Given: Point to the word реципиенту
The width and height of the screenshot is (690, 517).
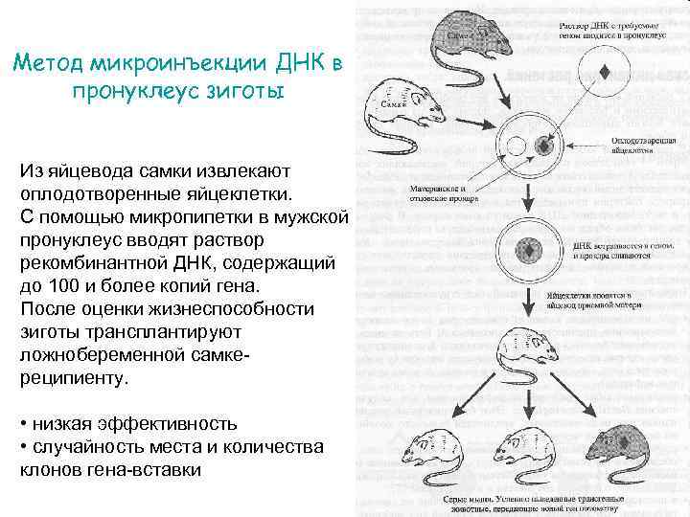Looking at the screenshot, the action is click(x=72, y=378).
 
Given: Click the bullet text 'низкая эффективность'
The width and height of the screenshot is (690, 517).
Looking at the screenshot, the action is click(x=134, y=423).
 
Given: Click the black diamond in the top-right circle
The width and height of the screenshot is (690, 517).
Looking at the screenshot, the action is click(x=605, y=72).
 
